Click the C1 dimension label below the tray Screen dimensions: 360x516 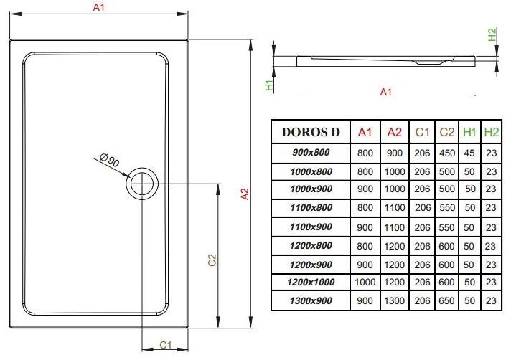click(x=164, y=345)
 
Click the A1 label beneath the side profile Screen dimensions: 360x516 click(x=385, y=92)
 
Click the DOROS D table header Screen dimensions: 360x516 click(x=311, y=132)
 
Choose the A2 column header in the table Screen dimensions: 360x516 click(x=395, y=132)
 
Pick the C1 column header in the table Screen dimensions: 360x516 click(x=422, y=132)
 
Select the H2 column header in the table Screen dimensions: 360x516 click(x=491, y=132)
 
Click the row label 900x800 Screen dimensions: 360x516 click(x=311, y=152)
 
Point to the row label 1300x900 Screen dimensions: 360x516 click(x=311, y=301)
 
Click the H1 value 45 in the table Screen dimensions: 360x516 click(x=470, y=152)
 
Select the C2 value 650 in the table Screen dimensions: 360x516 click(x=446, y=301)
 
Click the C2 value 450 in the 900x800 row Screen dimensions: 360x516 click(x=446, y=152)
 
